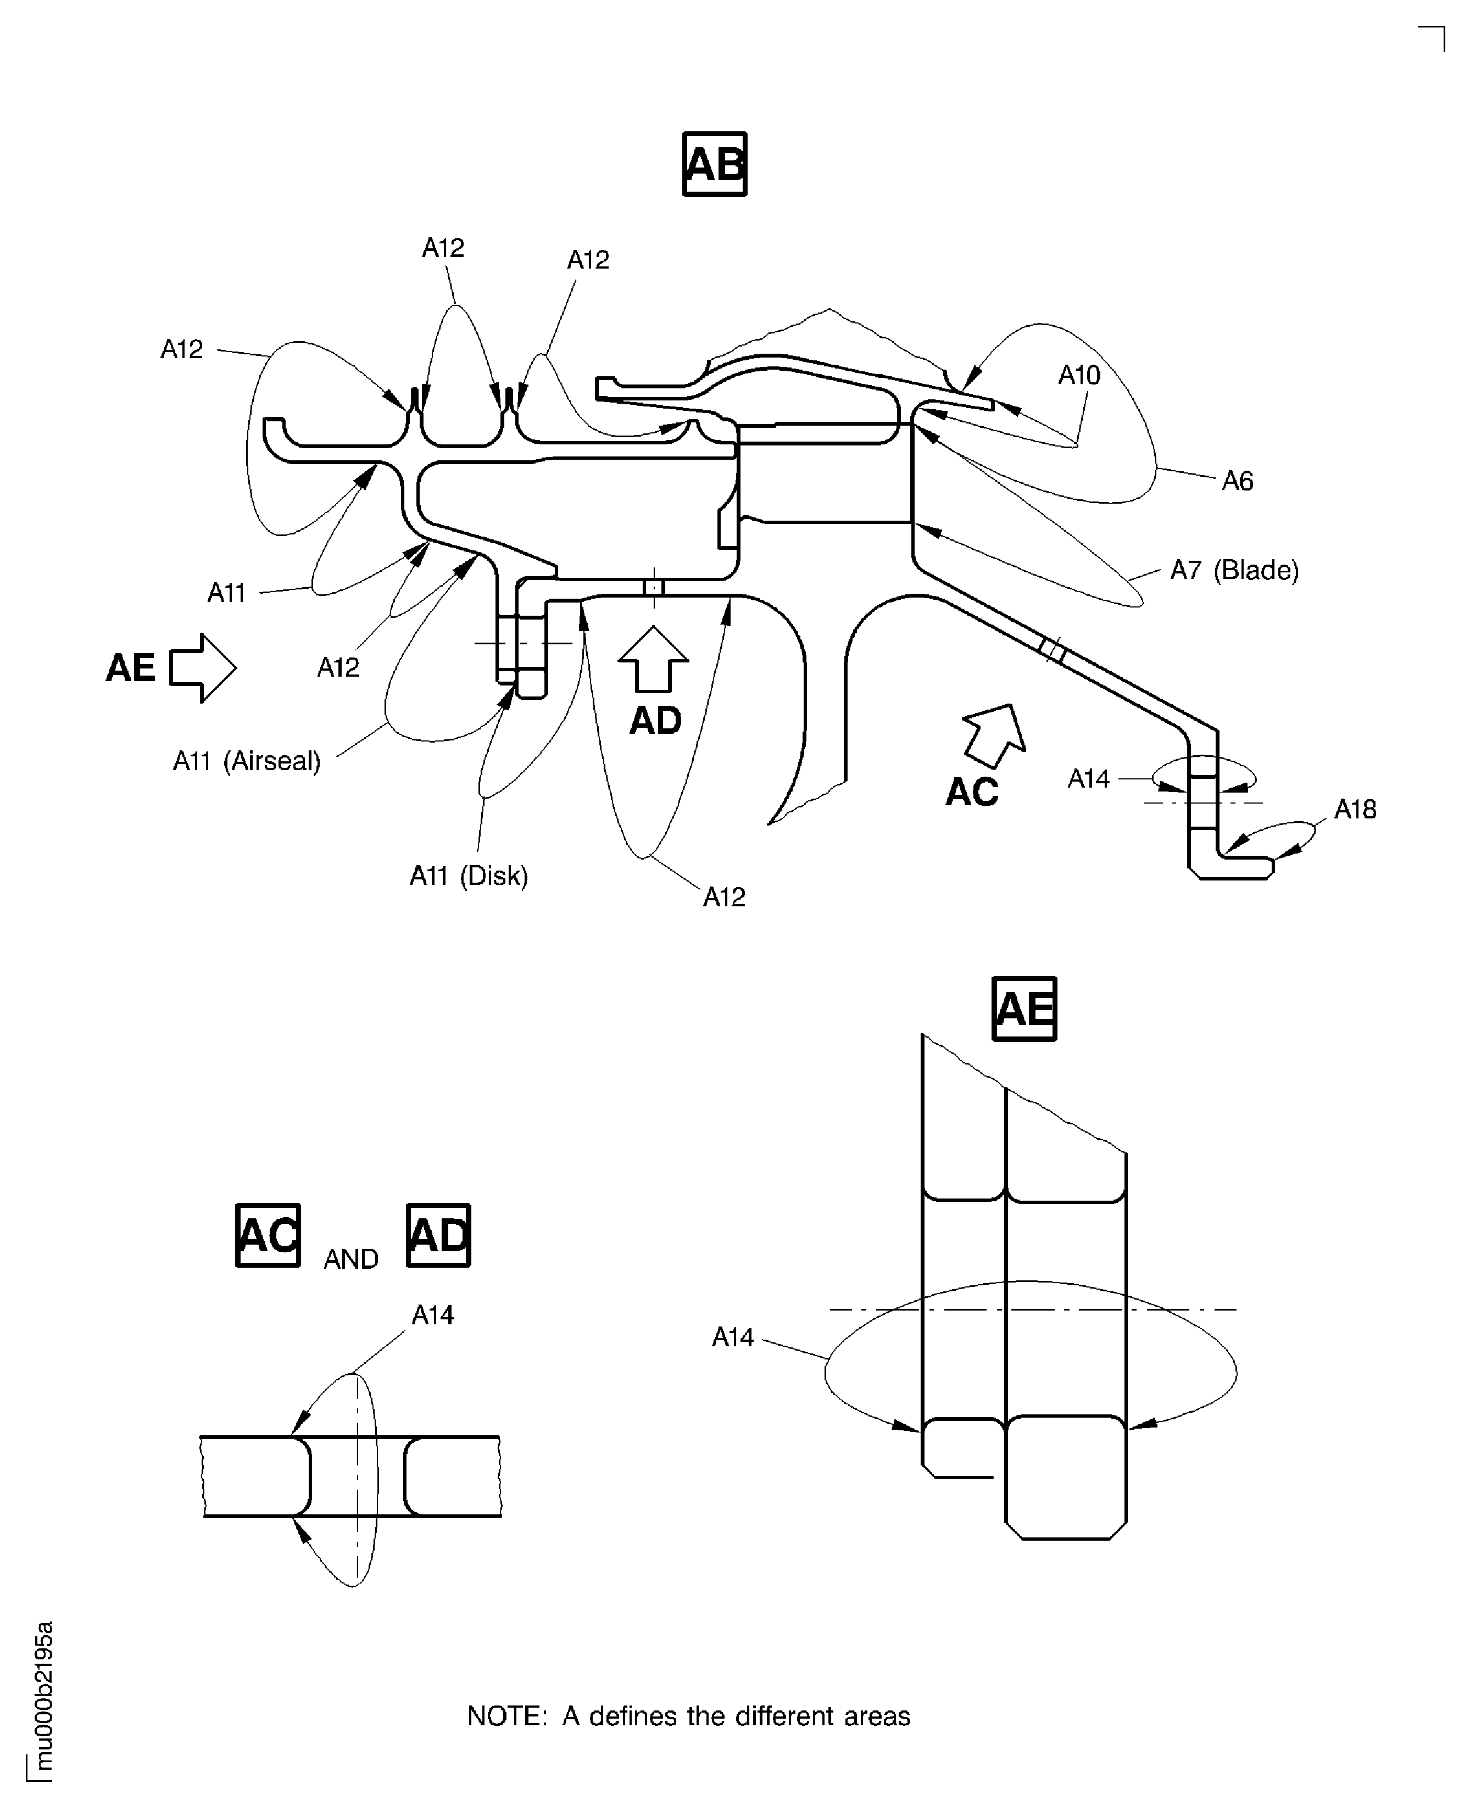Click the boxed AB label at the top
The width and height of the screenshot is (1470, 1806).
click(x=714, y=164)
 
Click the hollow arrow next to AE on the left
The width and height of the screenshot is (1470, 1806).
click(x=202, y=667)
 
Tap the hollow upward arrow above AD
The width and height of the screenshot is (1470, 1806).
click(x=653, y=660)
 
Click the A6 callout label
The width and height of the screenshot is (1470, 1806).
click(x=1237, y=482)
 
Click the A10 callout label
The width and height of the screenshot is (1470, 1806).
click(x=1079, y=375)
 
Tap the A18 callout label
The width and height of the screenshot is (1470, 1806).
click(x=1355, y=810)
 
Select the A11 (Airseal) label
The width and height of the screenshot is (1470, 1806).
click(x=247, y=761)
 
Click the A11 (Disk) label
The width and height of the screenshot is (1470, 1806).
click(x=468, y=876)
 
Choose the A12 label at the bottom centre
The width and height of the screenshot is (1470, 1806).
click(x=724, y=896)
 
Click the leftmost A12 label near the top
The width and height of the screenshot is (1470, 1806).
click(x=181, y=349)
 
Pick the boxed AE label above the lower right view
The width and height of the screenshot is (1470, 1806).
click(x=1024, y=1008)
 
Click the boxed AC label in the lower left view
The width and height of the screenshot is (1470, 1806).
click(x=268, y=1235)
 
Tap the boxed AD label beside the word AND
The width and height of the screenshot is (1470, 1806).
click(x=438, y=1235)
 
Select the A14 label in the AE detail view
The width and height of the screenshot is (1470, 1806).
click(x=732, y=1337)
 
